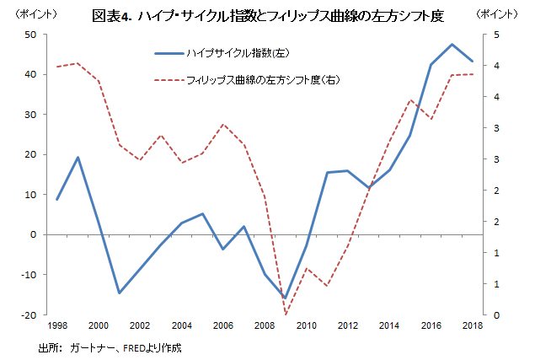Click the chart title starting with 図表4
coord(268,16)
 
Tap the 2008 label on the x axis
coord(265,325)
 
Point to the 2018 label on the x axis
coord(473,325)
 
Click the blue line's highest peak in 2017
coord(452,44)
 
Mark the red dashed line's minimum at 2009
coord(286,314)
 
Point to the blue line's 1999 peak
coord(78,158)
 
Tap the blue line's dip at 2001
coord(120,293)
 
